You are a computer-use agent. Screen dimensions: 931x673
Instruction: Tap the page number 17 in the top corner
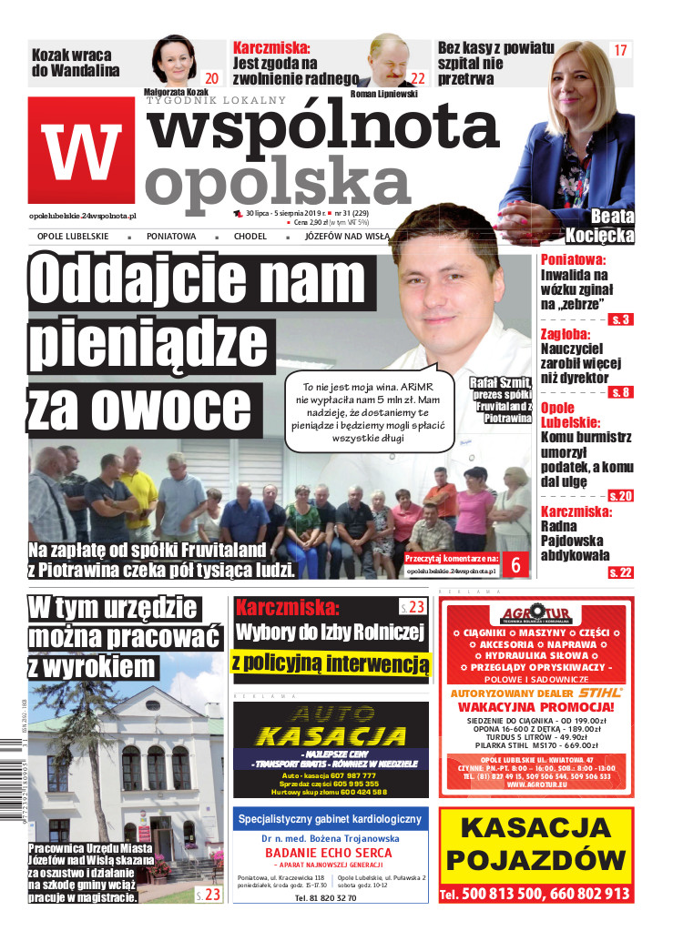coord(621,51)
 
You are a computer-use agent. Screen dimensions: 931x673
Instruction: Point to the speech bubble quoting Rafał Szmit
coord(369,410)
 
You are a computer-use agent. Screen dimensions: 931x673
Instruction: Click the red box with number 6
coord(516,564)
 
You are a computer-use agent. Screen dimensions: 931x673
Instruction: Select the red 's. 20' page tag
coord(621,495)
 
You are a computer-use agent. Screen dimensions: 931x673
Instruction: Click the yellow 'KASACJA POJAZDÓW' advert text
coord(535,844)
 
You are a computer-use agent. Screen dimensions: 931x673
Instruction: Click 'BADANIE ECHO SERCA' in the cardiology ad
coord(329,852)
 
